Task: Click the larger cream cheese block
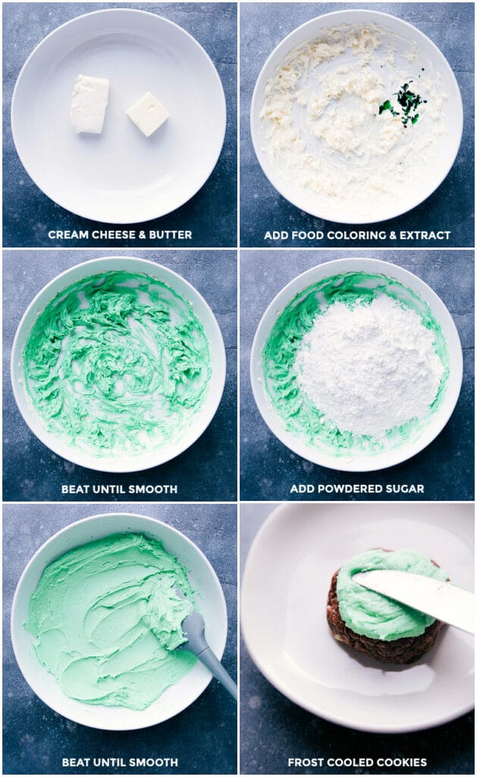89,104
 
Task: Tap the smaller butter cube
147,114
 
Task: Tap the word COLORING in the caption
344,235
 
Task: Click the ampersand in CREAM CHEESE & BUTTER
139,235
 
